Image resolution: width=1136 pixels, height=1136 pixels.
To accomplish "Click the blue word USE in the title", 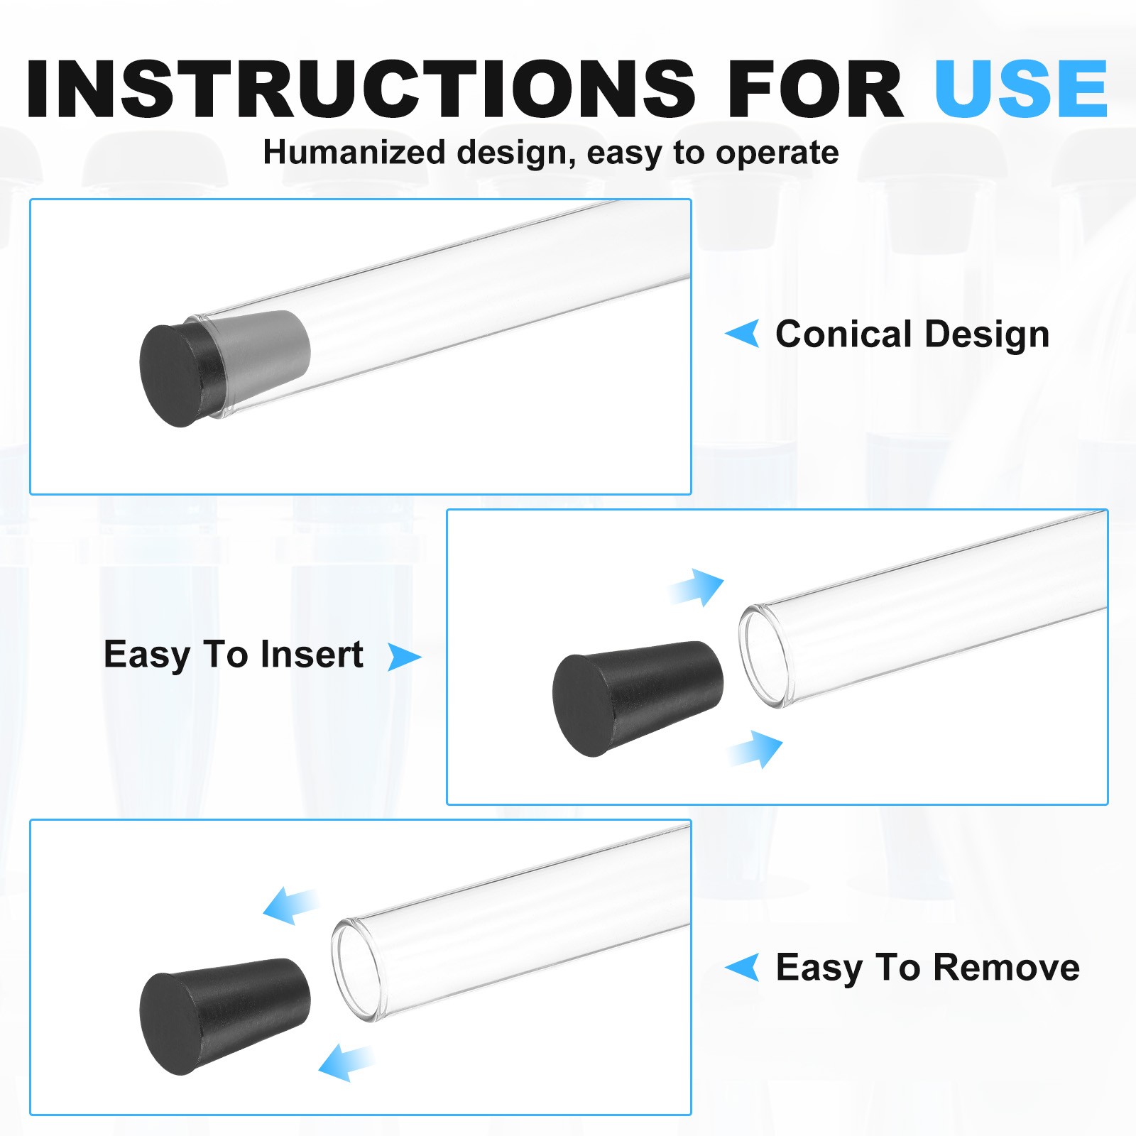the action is click(x=1021, y=88).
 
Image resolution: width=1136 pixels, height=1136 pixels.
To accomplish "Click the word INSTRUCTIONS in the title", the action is click(x=361, y=88).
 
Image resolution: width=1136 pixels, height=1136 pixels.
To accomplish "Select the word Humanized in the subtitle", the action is click(x=354, y=153).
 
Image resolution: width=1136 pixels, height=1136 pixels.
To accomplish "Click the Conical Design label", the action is click(x=912, y=334).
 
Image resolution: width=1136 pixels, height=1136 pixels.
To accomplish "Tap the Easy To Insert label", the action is click(x=234, y=655).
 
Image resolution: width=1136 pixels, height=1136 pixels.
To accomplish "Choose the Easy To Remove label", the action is click(x=928, y=968).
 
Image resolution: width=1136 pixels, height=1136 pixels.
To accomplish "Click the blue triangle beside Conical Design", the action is click(x=743, y=334).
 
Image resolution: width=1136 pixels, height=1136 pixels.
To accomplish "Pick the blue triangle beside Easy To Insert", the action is click(x=404, y=657).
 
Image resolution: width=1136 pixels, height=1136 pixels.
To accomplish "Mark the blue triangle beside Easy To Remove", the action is click(x=743, y=967).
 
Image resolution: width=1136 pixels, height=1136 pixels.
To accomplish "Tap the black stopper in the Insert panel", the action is click(x=638, y=698).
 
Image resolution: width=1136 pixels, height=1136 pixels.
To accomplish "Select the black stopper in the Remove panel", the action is click(x=224, y=1016).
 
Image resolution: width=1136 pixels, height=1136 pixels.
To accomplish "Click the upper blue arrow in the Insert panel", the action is click(x=697, y=587).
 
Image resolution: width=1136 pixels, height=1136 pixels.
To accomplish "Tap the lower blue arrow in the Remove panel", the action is click(x=346, y=1062).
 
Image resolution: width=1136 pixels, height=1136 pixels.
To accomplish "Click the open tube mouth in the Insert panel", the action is click(x=764, y=655).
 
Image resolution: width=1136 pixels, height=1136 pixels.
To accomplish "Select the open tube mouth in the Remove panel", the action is click(x=357, y=971).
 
